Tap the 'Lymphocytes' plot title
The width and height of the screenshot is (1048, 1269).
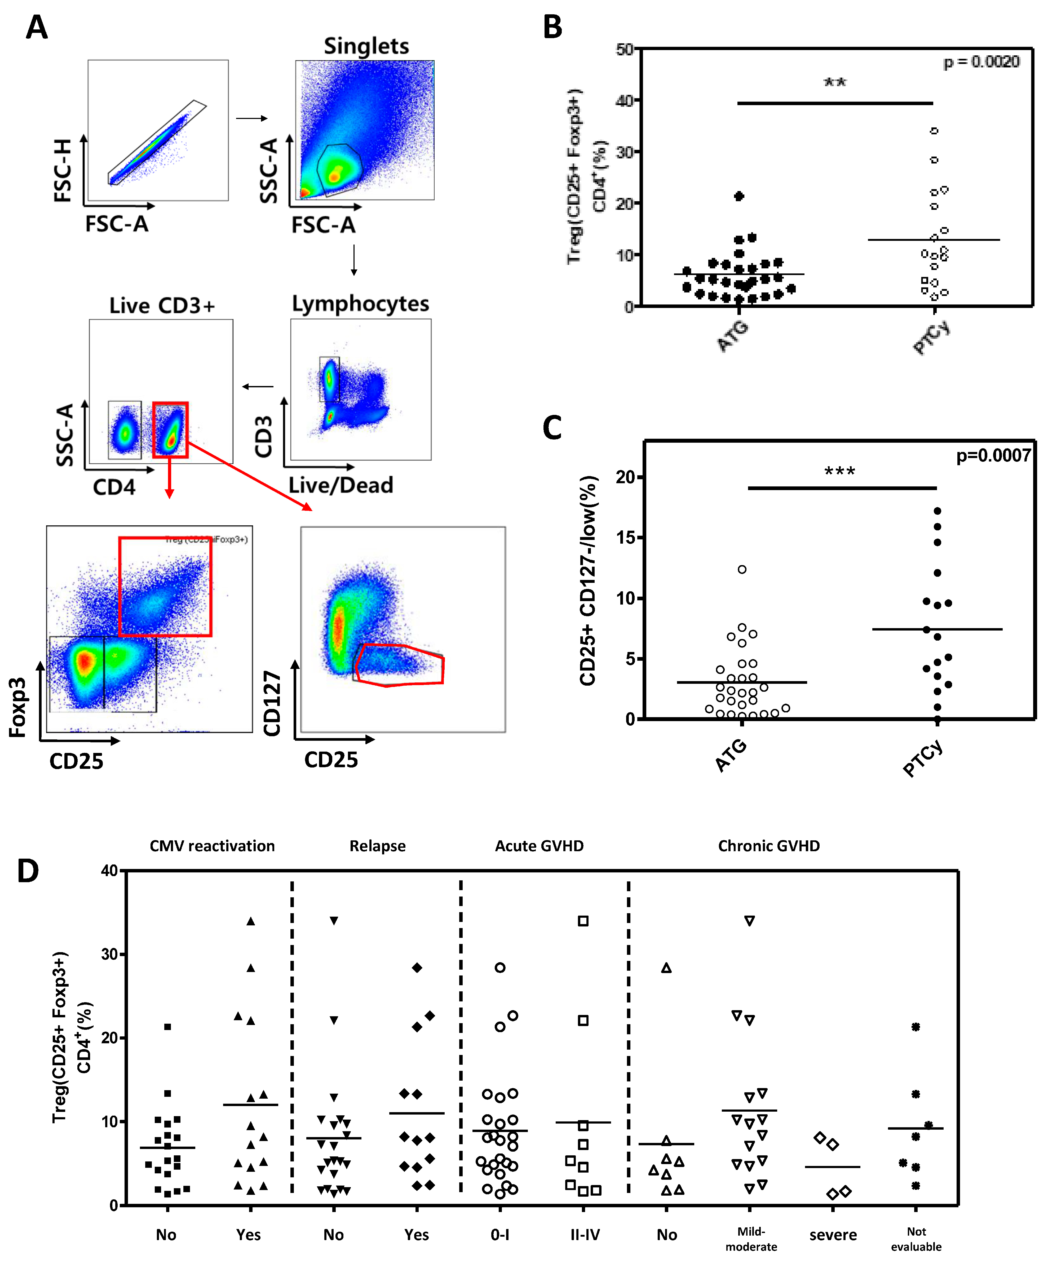[x=360, y=304]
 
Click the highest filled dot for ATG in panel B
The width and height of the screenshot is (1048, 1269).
[x=739, y=196]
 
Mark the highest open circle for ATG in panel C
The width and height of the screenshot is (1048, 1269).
[x=742, y=569]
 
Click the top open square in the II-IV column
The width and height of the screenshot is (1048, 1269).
[x=583, y=921]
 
